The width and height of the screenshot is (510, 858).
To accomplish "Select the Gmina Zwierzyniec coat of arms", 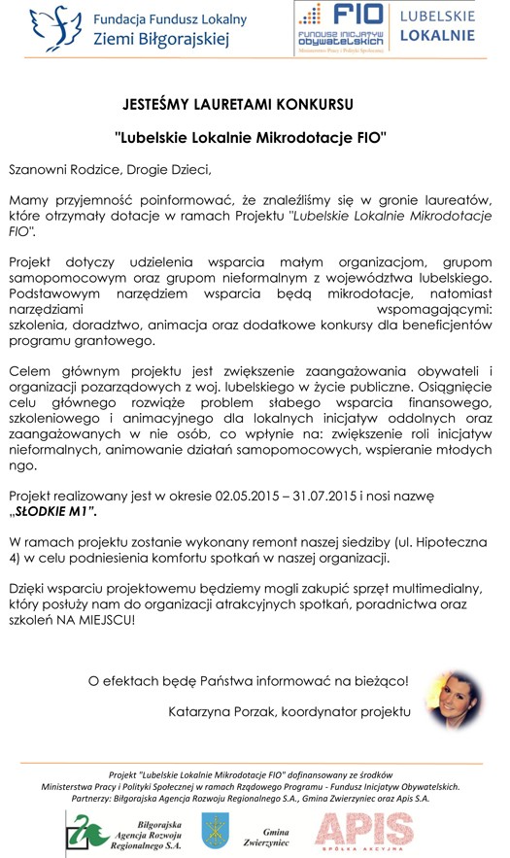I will tap(215, 828).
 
